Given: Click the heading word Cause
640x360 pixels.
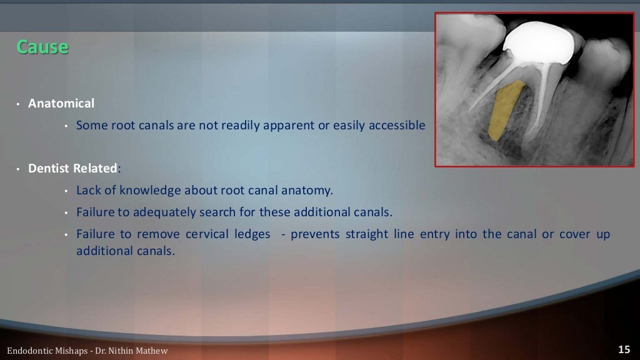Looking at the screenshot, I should tap(42, 47).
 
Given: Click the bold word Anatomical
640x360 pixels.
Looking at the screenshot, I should tap(61, 103).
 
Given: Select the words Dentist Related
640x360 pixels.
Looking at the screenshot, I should tap(72, 168).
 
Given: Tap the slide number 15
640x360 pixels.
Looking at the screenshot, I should tap(623, 349).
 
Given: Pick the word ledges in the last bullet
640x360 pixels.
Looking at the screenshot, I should tap(254, 234).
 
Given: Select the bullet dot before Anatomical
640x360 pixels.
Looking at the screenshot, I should tap(19, 104).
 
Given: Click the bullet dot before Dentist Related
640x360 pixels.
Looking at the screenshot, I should tap(19, 169).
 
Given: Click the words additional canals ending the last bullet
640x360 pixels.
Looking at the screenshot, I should tap(125, 251).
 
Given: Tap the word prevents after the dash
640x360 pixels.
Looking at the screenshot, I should tap(314, 234).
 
